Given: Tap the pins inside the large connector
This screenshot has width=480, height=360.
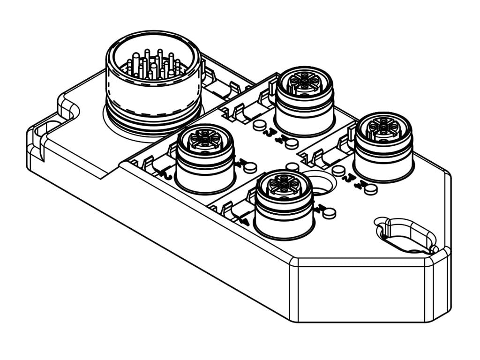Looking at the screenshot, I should [x=153, y=66].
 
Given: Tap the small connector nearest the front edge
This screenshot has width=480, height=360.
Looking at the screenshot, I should [x=284, y=204].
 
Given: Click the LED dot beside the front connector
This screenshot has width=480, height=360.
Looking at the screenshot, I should [x=330, y=212].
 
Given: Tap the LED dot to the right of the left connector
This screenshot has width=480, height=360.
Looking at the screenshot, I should [x=251, y=166].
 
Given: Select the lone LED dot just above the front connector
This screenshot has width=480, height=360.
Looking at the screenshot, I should [x=292, y=167].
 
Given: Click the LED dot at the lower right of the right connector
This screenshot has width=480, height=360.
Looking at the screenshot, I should [x=371, y=189].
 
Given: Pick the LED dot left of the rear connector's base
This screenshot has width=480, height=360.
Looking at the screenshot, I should [x=259, y=125].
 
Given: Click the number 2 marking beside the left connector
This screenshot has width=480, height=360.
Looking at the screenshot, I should [x=165, y=175].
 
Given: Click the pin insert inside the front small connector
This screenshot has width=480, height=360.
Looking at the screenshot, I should [x=284, y=185].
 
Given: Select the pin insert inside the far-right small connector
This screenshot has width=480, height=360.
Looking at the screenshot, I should [x=383, y=127].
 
